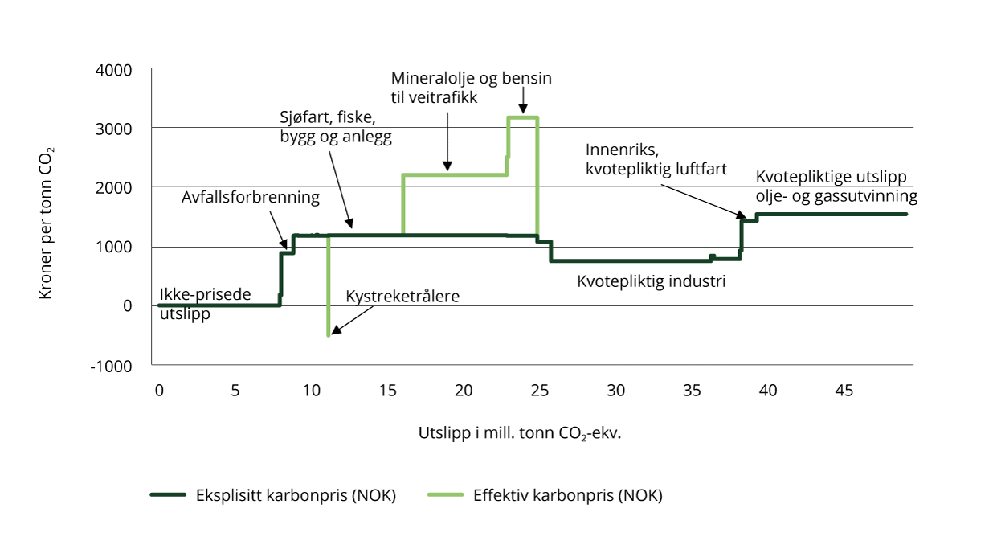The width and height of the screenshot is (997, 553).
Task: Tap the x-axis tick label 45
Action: (844, 391)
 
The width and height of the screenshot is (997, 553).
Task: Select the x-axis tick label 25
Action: (539, 391)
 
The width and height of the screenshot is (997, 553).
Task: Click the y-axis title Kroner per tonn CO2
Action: (46, 223)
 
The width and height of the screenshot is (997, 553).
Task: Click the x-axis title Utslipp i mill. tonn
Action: (520, 432)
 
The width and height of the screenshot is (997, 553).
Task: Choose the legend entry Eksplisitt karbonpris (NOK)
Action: (274, 495)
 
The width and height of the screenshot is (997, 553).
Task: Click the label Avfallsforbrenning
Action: (251, 197)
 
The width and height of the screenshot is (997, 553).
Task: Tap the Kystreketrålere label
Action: (402, 297)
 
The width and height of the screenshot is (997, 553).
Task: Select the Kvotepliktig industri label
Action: (652, 282)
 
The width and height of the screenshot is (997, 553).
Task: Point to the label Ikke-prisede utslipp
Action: (205, 304)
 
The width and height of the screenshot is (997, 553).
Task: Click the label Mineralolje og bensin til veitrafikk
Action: (472, 88)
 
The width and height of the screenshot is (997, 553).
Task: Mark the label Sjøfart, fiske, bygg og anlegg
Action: (330, 128)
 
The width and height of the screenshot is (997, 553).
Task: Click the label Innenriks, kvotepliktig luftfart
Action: (656, 159)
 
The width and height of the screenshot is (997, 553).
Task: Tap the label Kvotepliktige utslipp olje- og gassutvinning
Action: (836, 186)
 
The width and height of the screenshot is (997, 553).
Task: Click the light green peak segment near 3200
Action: (523, 117)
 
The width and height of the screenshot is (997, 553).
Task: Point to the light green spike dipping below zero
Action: (329, 322)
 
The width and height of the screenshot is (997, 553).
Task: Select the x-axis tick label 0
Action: (159, 391)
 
